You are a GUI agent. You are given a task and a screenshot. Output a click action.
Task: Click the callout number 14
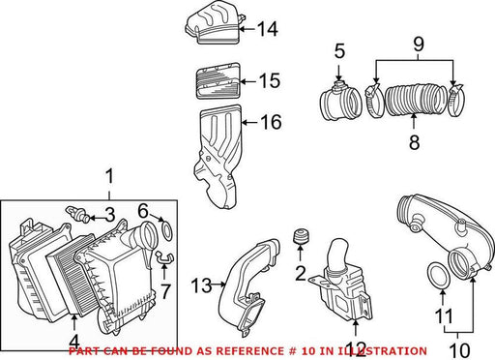pos(268,29)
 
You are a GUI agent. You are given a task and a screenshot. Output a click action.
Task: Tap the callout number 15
pos(270,80)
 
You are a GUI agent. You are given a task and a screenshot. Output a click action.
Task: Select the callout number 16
pos(272,122)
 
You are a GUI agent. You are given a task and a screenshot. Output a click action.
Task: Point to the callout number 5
pos(339,51)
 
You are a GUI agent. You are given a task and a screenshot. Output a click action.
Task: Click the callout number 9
pos(419,45)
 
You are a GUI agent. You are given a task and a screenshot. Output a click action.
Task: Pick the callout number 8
pos(415,142)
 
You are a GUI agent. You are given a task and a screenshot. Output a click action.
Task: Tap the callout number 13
pos(201,285)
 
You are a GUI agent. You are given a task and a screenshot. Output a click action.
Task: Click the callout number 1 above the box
pos(110,176)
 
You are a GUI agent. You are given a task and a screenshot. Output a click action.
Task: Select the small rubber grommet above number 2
pos(300,236)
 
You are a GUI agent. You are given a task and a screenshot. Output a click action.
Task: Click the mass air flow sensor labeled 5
pos(340,101)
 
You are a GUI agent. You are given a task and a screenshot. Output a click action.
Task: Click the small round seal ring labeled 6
pos(166,230)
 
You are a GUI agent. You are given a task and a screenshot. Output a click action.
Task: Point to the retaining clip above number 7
pos(164,256)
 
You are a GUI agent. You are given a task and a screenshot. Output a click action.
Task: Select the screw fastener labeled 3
pos(78,214)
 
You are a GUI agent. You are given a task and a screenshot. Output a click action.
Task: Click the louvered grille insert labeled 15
pos(218,80)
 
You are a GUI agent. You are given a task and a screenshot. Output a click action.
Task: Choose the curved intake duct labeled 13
pos(248,287)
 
